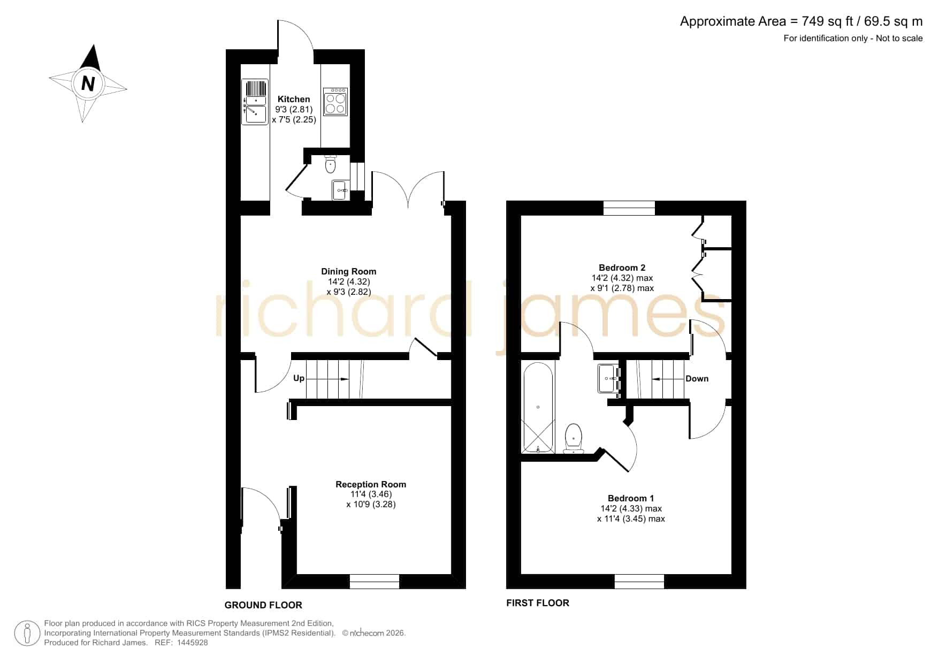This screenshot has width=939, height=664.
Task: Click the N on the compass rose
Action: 88,83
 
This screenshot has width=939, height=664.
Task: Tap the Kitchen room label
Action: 294,99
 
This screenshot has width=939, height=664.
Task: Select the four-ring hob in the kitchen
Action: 335,102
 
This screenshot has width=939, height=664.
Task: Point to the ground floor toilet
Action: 330,164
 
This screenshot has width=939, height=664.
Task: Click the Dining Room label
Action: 349,271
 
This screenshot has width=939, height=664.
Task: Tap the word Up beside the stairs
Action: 299,378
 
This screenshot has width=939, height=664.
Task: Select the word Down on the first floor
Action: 697,378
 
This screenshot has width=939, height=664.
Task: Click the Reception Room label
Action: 371,484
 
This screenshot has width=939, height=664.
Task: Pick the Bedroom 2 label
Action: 622,268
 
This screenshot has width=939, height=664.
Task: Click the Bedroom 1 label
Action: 631,498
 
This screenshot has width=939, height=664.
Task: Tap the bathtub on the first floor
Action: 538,408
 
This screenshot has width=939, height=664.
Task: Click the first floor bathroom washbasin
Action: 608,378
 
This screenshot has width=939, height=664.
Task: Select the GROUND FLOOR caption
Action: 263,605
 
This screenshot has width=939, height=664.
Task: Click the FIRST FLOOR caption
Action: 538,603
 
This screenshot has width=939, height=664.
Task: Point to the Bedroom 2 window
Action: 629,208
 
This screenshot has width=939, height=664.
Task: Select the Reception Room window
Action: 375,582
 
